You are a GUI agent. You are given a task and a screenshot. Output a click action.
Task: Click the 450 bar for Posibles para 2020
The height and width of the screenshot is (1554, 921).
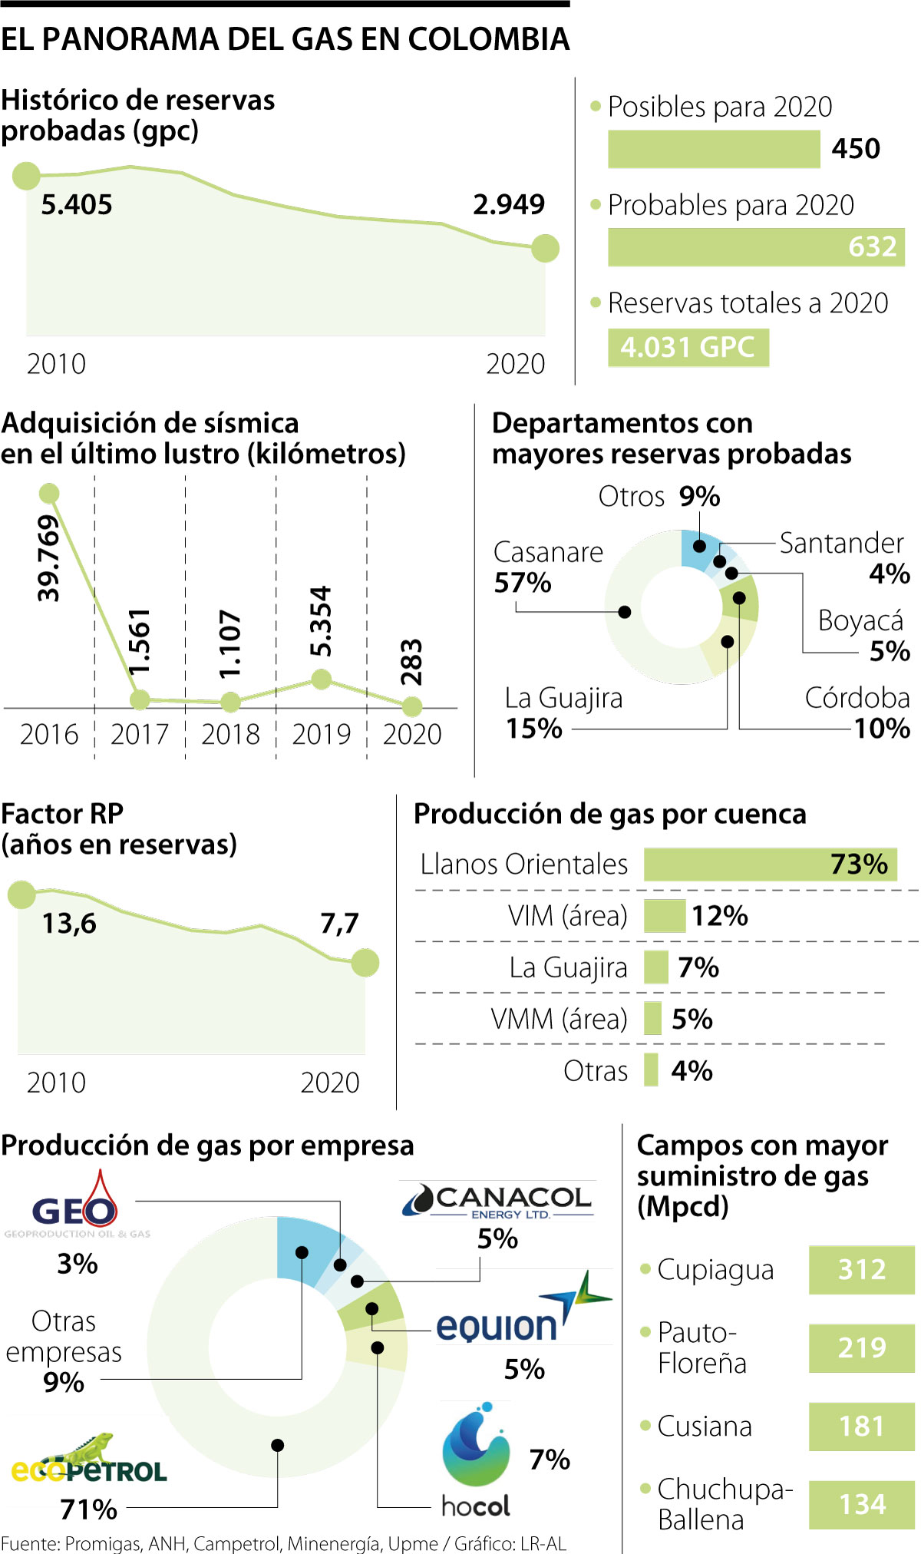[x=714, y=149]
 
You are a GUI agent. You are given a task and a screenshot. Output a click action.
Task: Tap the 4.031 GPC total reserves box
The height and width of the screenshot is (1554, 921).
[x=688, y=348]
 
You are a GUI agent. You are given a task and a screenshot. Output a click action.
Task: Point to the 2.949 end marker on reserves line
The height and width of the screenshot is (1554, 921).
[x=545, y=248]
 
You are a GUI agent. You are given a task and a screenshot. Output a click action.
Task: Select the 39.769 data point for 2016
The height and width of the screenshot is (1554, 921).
[x=49, y=493]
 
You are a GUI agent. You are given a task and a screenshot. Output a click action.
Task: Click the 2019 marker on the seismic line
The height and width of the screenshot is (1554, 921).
[x=322, y=679]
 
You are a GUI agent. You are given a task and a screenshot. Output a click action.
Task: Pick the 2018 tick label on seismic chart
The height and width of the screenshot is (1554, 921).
[x=230, y=735]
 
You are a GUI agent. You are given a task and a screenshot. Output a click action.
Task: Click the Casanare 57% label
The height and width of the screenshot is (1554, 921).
[x=548, y=567]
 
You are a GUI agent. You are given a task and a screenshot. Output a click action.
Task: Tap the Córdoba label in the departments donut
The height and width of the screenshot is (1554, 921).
[x=857, y=698]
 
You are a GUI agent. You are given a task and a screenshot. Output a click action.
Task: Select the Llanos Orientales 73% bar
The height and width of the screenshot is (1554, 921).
[x=770, y=865]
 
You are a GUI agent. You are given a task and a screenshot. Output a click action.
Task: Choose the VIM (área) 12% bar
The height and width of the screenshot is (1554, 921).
[x=664, y=916]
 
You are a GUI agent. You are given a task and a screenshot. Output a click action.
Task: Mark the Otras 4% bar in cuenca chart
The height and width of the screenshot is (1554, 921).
[x=651, y=1070]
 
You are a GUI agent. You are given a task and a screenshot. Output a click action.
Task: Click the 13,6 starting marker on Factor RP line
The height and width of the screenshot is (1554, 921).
[x=21, y=894]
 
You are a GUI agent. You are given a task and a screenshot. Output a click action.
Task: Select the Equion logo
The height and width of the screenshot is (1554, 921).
[x=522, y=1313]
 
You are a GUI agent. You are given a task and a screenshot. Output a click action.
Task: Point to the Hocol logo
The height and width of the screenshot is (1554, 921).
[x=476, y=1459]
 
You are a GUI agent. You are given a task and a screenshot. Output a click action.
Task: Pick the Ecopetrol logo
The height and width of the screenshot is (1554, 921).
[x=88, y=1461]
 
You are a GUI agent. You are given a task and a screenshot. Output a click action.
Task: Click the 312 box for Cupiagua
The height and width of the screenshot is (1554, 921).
[x=861, y=1270]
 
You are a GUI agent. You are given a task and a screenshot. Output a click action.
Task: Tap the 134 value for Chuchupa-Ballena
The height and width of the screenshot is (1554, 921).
[x=861, y=1504]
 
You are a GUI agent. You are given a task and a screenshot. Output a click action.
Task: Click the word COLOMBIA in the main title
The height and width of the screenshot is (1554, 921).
[x=488, y=39]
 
